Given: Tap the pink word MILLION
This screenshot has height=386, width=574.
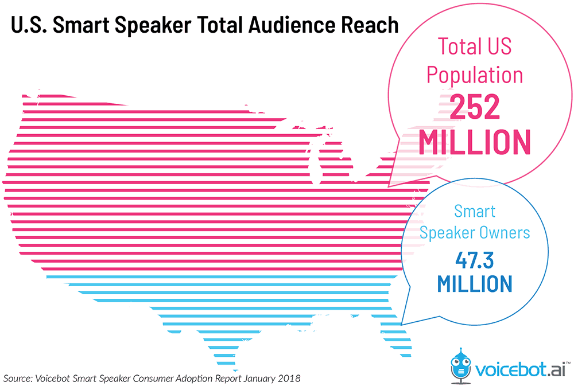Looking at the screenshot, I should coord(474,142).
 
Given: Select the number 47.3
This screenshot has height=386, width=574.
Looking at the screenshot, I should coord(474,260).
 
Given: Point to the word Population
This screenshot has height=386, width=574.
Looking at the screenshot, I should coord(474,76).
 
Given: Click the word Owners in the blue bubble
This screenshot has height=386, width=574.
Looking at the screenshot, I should coord(505,233).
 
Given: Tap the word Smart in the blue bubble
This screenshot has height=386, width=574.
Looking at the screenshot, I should coord(474,211).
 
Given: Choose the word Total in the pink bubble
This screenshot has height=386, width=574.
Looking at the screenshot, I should coord(459,46).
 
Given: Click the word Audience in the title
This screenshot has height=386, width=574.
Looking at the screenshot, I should coord(277,25).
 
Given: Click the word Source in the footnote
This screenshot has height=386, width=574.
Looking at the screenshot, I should coord(18,379).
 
